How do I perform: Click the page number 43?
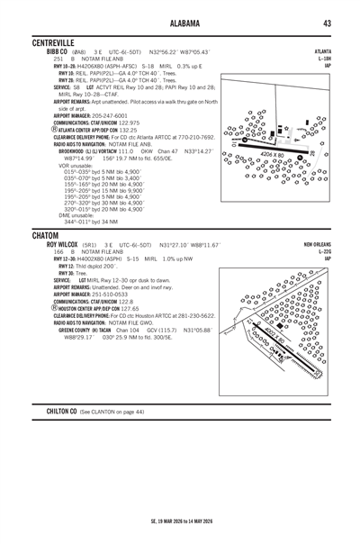328,23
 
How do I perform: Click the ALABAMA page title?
180,23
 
